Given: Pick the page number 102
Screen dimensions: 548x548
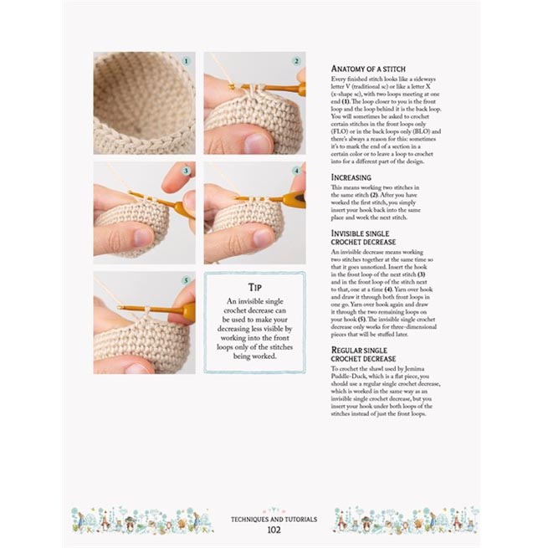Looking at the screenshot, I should (274, 530).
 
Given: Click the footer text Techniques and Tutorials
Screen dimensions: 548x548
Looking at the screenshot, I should (274, 519).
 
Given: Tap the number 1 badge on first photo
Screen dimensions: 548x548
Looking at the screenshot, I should (186, 61).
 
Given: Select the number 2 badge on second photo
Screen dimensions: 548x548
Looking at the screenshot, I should (296, 61).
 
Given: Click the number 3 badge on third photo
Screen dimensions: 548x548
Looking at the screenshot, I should (186, 171).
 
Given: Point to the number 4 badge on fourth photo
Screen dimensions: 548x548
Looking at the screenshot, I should (296, 171).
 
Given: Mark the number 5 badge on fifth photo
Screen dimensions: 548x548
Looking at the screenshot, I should (186, 281).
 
